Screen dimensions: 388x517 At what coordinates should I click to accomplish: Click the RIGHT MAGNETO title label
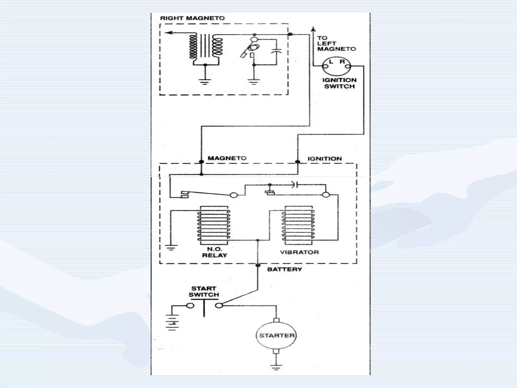(x=192, y=18)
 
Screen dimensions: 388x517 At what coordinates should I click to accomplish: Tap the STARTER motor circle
(x=276, y=335)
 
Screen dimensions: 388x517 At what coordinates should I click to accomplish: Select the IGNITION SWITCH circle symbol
(x=337, y=66)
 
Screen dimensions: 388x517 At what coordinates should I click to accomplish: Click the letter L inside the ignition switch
(x=331, y=62)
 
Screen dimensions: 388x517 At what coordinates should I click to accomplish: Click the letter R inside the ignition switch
(x=342, y=62)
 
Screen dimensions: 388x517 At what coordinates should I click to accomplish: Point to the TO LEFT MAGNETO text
(x=336, y=43)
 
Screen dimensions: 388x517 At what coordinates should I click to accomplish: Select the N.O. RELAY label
(x=215, y=252)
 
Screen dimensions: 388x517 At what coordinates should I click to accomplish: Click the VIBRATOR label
(x=299, y=252)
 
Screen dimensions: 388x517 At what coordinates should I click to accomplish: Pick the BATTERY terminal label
(x=285, y=269)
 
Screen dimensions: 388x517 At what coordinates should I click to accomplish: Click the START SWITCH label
(x=204, y=292)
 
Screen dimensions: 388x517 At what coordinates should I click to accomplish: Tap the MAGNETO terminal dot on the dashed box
(x=201, y=162)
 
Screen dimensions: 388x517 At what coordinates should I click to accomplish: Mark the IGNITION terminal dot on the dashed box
(x=298, y=162)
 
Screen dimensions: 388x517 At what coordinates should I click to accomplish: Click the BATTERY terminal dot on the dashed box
(x=258, y=265)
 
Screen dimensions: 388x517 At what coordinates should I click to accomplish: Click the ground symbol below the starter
(x=276, y=368)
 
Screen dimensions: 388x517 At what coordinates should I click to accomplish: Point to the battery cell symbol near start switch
(x=172, y=322)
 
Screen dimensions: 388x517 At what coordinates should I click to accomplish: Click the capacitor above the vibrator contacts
(x=295, y=185)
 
